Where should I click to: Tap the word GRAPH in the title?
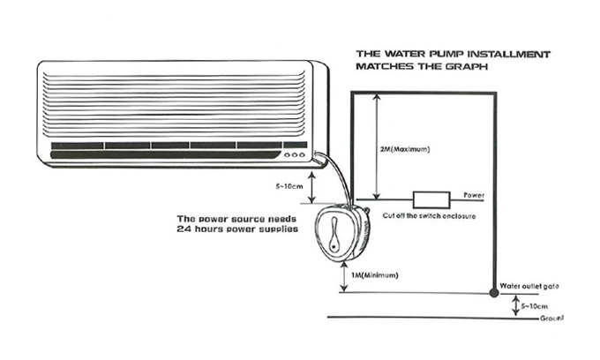click(x=467, y=66)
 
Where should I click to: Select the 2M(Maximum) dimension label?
click(x=405, y=149)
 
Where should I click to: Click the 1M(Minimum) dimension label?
click(x=375, y=275)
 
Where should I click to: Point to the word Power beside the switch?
click(x=474, y=195)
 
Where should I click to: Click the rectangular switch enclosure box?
click(x=431, y=199)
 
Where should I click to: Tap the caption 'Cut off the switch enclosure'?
click(x=429, y=216)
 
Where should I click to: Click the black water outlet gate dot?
click(x=494, y=293)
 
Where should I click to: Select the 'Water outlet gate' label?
click(x=529, y=286)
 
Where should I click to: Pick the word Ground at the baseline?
click(x=551, y=318)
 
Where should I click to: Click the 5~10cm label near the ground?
click(x=534, y=306)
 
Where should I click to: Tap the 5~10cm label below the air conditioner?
click(x=289, y=187)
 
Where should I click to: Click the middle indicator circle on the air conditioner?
click(x=295, y=155)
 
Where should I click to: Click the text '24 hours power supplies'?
click(x=237, y=229)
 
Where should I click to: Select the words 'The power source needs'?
click(x=236, y=219)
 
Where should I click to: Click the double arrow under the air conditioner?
click(x=312, y=187)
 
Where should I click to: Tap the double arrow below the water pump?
click(x=345, y=276)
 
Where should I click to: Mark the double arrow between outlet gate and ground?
click(x=516, y=305)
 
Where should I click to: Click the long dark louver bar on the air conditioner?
click(x=165, y=155)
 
